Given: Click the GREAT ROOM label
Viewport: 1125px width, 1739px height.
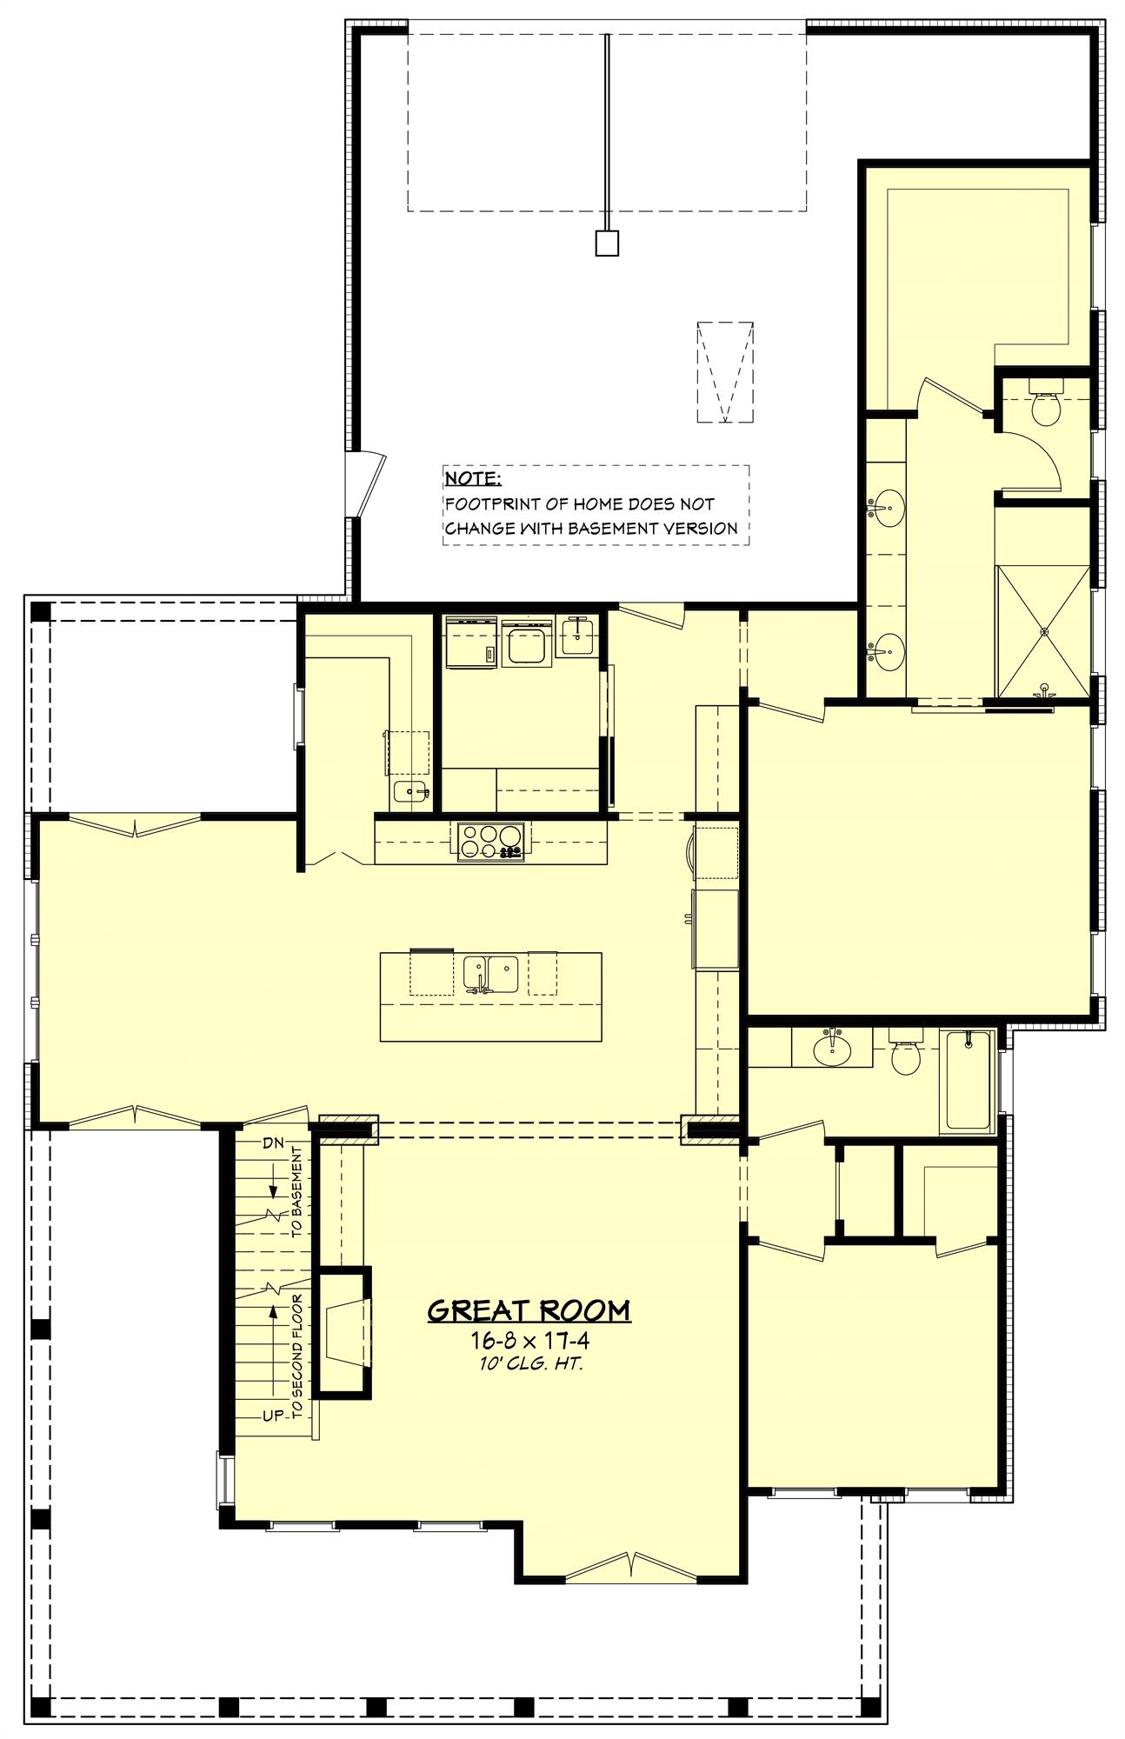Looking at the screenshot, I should [529, 1310].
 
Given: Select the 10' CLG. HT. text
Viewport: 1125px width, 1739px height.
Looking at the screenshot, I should [529, 1363].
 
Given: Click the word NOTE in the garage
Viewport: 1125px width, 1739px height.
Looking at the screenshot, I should [473, 479].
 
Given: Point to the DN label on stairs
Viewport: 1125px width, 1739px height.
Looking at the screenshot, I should [273, 1143].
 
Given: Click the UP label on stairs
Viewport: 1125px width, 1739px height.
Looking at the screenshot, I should [273, 1416].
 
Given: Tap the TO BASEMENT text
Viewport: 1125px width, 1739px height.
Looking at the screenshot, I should [296, 1193].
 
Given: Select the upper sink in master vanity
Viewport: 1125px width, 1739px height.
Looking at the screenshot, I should [888, 505].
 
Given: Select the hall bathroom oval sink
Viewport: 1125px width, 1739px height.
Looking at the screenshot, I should [832, 1049].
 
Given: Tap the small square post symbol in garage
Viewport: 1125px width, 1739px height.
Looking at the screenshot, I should [607, 243].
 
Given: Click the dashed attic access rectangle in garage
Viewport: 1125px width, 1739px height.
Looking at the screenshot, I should [724, 372].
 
